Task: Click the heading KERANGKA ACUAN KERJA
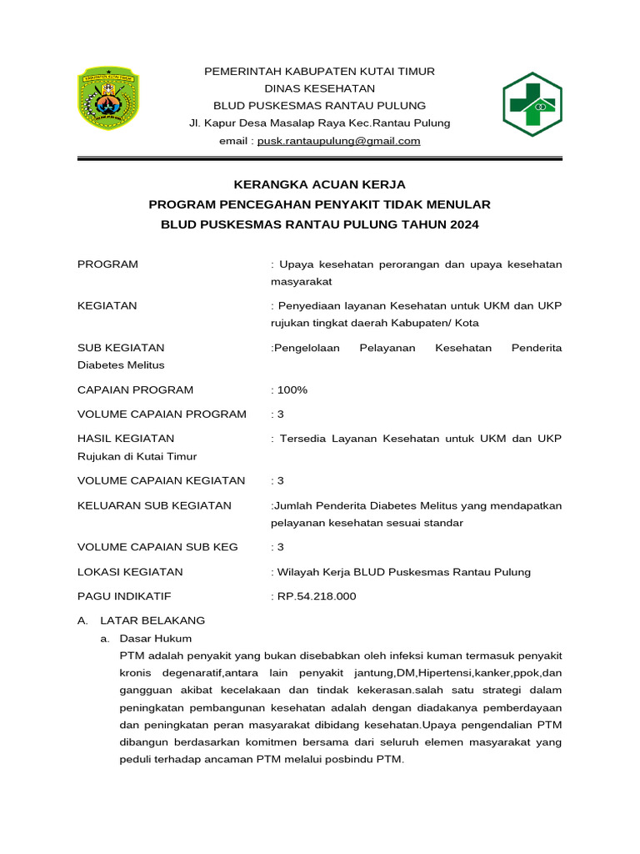pyautogui.click(x=319, y=184)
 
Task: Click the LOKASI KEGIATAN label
pyautogui.click(x=130, y=572)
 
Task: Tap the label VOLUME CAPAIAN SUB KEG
pyautogui.click(x=157, y=547)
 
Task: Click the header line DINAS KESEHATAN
pyautogui.click(x=319, y=88)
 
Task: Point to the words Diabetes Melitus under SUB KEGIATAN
pyautogui.click(x=121, y=364)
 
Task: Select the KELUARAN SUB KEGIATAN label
pyautogui.click(x=154, y=505)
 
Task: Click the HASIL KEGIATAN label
pyautogui.click(x=126, y=438)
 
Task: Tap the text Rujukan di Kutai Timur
pyautogui.click(x=137, y=455)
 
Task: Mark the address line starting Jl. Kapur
pyautogui.click(x=319, y=123)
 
